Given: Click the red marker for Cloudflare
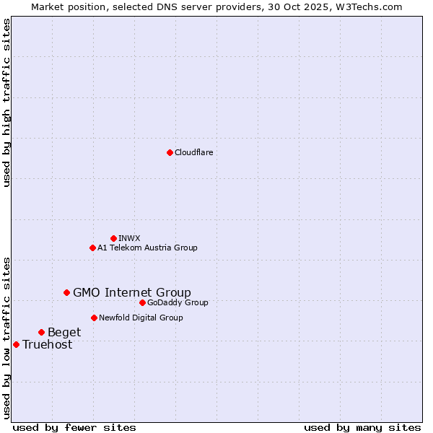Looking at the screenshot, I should pos(170,152).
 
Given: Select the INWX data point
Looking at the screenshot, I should pos(113,238).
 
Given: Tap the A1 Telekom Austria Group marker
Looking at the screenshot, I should pos(92,248).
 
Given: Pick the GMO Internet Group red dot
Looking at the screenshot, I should pos(66,292).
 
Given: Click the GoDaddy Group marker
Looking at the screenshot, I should pos(142,302).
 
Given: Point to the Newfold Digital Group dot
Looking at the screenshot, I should pos(94,318).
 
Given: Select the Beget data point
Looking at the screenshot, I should pos(41,332).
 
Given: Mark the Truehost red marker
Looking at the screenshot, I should pos(16,344).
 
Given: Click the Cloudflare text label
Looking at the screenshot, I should pos(193,152).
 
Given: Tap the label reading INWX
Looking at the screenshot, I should pos(129,238).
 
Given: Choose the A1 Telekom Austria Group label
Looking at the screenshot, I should pos(147,248).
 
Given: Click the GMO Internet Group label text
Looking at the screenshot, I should pos(132,292).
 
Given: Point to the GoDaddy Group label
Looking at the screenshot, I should pos(178,302).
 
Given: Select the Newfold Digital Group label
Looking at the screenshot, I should pos(141,318).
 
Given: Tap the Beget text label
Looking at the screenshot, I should pos(64,332).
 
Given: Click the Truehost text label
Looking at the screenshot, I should pos(47,344).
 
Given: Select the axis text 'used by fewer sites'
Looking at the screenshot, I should pos(74,427).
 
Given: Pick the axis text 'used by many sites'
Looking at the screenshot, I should pos(362,427).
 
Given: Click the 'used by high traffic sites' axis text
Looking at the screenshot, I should pos(6,102).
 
